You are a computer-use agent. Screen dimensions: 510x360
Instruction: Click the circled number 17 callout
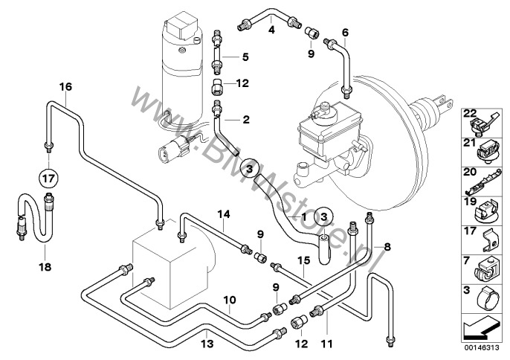(48, 179)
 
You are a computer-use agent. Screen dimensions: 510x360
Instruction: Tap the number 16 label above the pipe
(65, 87)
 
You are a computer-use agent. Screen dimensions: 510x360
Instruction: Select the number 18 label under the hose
(45, 267)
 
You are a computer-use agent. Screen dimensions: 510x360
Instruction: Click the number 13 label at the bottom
(207, 344)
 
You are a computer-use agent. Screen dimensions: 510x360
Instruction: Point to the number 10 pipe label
(230, 300)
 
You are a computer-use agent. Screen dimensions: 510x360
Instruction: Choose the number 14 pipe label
(224, 214)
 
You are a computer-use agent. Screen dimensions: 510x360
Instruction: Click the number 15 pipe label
(304, 261)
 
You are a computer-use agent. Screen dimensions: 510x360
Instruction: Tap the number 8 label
(387, 247)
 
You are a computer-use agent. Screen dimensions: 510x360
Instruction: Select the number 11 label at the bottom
(326, 344)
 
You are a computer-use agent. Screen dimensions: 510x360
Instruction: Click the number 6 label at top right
(345, 32)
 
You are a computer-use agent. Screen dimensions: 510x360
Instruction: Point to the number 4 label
(271, 30)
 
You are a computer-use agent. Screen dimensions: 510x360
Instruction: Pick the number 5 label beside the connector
(245, 57)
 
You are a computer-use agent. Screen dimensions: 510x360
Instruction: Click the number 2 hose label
(246, 120)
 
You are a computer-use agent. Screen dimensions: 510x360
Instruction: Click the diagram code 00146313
(482, 347)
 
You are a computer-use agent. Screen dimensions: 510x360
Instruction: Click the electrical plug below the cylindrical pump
(174, 149)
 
